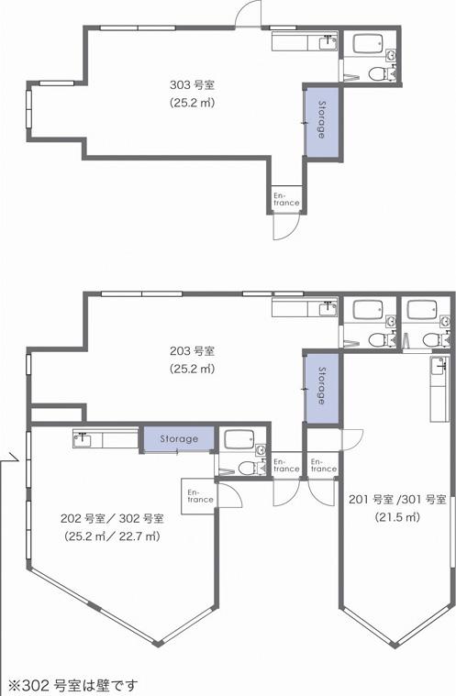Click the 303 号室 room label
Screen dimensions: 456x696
coord(193,84)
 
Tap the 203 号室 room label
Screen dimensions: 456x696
coord(193,351)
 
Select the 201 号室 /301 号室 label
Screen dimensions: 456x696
coord(397,500)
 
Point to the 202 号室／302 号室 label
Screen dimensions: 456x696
coord(112,518)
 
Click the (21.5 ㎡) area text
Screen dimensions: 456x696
coord(397,517)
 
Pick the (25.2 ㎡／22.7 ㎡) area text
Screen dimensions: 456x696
coord(112,536)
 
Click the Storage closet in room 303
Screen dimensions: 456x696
coord(321,120)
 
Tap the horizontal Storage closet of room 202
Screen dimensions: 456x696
coord(179,439)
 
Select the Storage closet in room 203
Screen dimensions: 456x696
coord(322,386)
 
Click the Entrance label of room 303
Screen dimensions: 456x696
coord(286,199)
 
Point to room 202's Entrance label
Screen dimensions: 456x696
coord(200,496)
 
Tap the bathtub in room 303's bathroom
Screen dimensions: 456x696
coord(367,44)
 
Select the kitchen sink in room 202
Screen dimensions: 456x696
coord(83,440)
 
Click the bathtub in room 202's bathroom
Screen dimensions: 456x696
coord(239,440)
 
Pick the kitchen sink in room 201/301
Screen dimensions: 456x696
coord(439,366)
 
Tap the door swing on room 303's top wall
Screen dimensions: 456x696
coord(249,14)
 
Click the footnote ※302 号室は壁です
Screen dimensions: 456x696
coord(73,686)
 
